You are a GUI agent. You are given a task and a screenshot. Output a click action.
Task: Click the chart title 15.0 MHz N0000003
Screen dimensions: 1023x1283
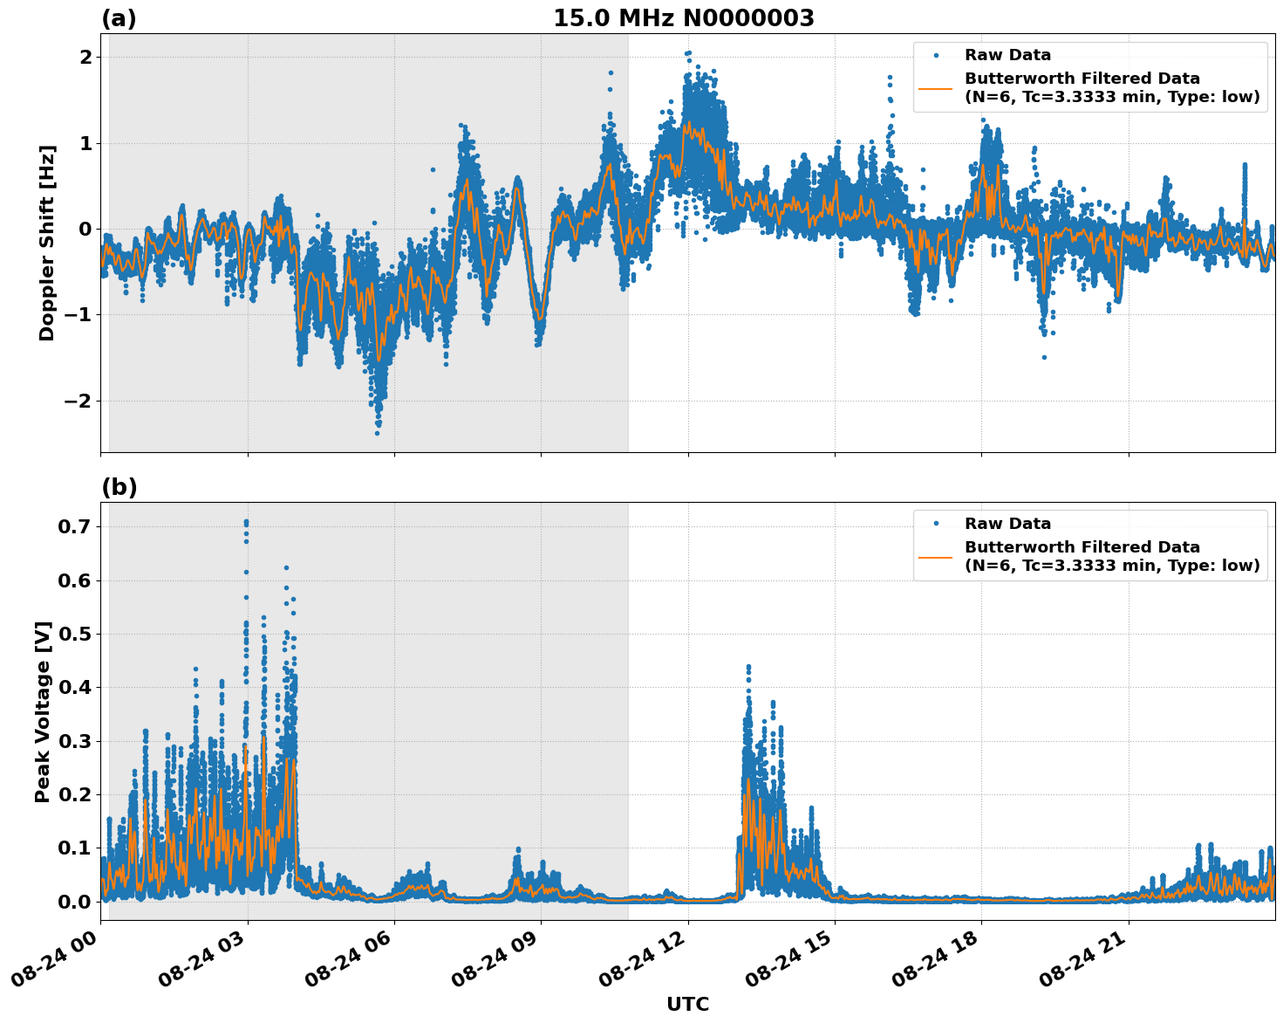tap(683, 18)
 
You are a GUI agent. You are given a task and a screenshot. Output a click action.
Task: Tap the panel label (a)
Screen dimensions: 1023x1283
tap(119, 18)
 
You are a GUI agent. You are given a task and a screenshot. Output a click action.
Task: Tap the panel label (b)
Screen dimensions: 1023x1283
tap(119, 487)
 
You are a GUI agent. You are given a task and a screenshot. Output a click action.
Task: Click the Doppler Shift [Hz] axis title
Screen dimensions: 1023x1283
tap(47, 243)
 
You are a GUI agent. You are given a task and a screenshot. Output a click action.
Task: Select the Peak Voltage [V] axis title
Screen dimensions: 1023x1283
tap(43, 711)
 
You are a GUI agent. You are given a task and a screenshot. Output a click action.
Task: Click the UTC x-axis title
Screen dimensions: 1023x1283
tap(687, 1004)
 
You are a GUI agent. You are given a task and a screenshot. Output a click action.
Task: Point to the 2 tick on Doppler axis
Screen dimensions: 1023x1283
tap(85, 57)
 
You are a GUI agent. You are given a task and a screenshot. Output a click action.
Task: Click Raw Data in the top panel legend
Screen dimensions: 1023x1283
tap(1007, 55)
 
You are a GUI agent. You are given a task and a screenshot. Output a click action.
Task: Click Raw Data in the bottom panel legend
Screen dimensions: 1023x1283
tap(1007, 524)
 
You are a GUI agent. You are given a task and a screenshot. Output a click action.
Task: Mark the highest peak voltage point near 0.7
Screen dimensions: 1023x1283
tap(246, 522)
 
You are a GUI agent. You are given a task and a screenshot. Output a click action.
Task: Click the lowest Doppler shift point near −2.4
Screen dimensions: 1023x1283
tap(378, 433)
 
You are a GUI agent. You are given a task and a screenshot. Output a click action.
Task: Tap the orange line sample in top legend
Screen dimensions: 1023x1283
tap(936, 87)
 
